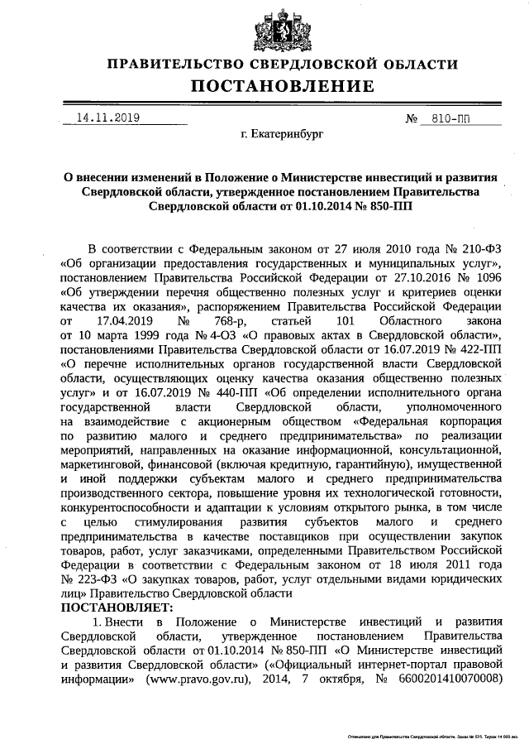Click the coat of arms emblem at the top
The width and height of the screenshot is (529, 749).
coord(264,25)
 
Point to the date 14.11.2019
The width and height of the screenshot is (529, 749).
coord(107,118)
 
